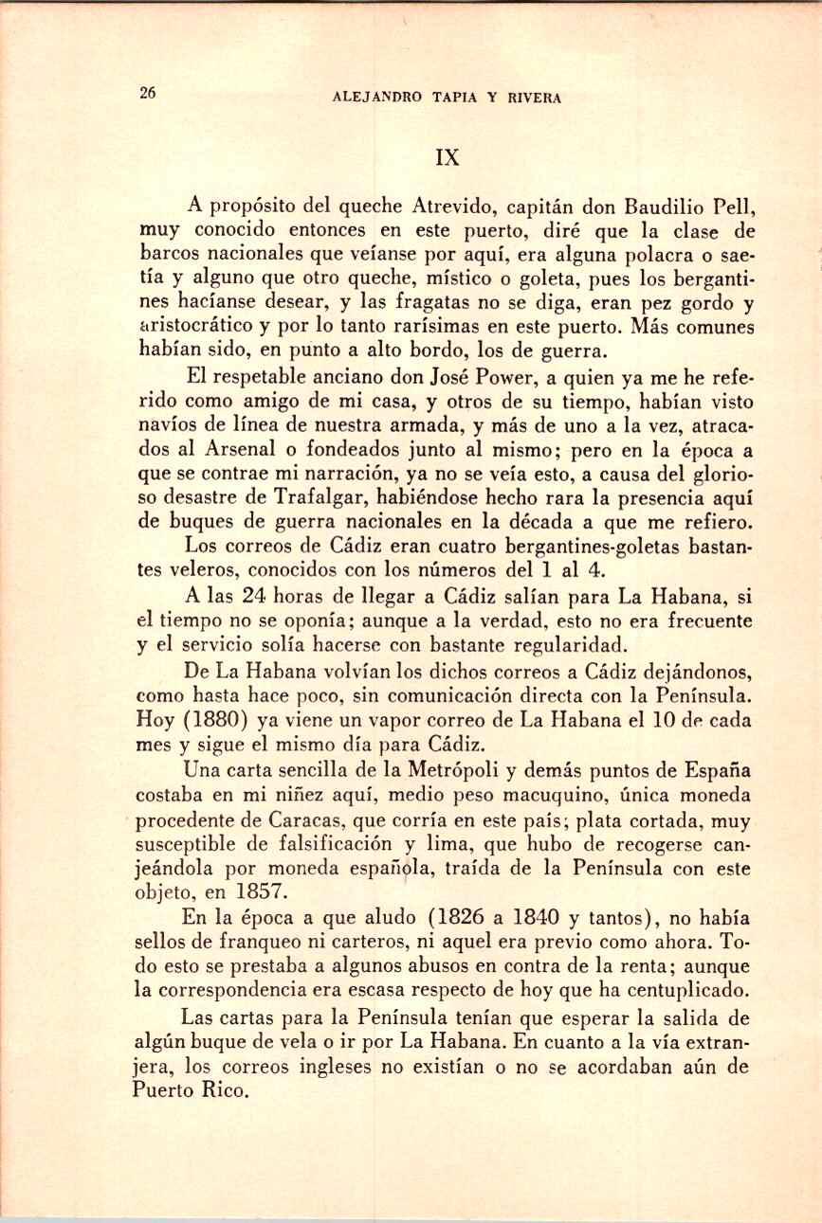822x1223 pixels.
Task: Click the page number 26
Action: pos(147,93)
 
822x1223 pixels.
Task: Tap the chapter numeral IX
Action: pos(447,157)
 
